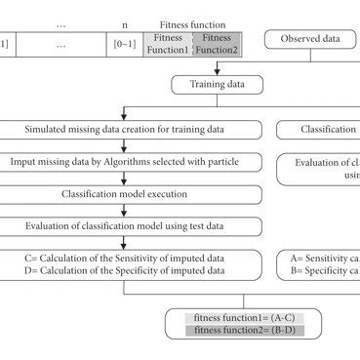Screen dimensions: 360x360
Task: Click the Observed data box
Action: point(310,39)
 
